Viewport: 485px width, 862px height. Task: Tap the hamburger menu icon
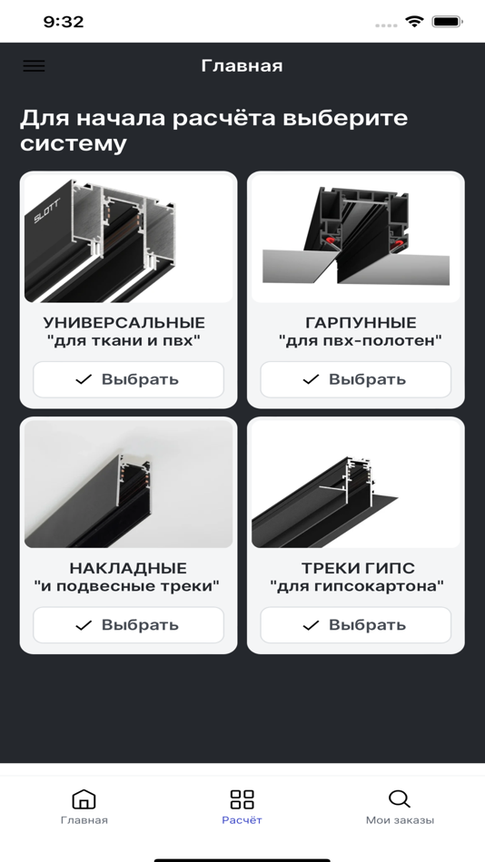34,65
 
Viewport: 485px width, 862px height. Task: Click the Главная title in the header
242,66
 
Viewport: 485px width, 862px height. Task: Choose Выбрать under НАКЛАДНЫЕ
128,624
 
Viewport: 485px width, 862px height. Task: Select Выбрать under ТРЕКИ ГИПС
356,624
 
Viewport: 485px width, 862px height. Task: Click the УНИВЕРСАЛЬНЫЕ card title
124,322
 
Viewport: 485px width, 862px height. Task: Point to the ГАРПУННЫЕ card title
361,322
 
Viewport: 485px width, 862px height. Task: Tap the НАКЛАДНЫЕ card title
128,568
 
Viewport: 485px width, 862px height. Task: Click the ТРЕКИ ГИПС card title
358,568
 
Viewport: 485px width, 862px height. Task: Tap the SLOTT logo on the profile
47,211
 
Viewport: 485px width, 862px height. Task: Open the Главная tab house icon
84,798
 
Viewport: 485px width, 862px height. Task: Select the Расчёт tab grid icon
242,798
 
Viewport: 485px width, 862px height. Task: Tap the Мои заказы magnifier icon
400,798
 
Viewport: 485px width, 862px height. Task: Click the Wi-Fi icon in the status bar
414,22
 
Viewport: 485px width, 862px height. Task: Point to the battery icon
447,22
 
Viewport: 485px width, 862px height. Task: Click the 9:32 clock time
64,22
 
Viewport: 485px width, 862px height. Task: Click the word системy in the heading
74,144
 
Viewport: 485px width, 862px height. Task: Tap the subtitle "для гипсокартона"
357,586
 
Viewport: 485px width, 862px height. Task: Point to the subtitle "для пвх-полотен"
361,341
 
